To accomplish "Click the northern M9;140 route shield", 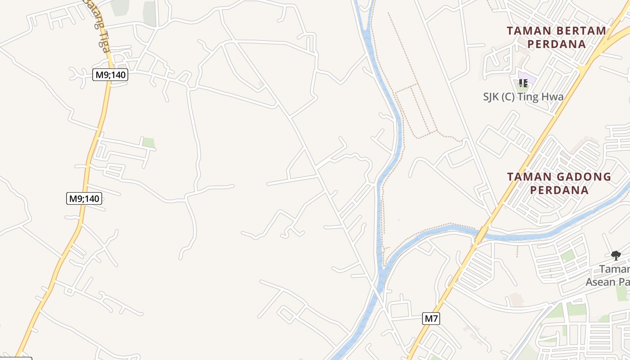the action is pyautogui.click(x=110, y=75).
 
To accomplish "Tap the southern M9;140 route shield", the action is pyautogui.click(x=84, y=198).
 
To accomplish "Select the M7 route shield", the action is pyautogui.click(x=431, y=319).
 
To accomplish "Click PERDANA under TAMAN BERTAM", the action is pyautogui.click(x=557, y=44).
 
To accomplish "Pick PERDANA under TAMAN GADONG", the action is pyautogui.click(x=559, y=190).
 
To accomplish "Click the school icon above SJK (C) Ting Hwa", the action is pyautogui.click(x=523, y=83).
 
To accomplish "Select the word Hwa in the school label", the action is pyautogui.click(x=553, y=97).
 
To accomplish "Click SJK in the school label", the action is pyautogui.click(x=491, y=97).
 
